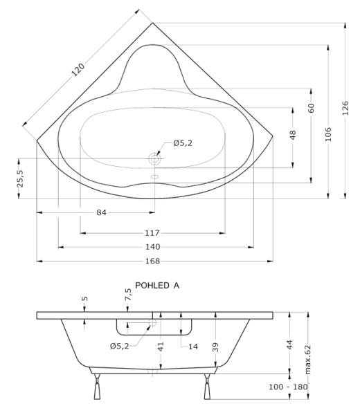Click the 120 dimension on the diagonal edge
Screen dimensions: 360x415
(x=78, y=70)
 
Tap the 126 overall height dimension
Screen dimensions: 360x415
(x=345, y=108)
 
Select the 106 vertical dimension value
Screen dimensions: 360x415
(x=328, y=134)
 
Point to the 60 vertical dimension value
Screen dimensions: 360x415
(x=312, y=108)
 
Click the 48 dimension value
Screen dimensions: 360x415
(x=293, y=135)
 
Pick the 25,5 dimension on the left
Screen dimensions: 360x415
(x=20, y=178)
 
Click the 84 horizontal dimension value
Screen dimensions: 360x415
(x=102, y=212)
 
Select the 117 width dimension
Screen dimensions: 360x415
(x=152, y=233)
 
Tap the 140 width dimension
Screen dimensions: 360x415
(x=153, y=247)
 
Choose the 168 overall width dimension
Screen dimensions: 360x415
(x=153, y=261)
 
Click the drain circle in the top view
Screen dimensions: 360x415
(x=154, y=159)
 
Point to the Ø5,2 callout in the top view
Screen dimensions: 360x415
(x=183, y=143)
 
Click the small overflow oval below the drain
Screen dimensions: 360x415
(x=154, y=176)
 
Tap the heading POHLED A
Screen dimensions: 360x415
(x=157, y=285)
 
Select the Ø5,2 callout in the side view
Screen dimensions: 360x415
(x=120, y=346)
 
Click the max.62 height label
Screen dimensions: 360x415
(x=307, y=360)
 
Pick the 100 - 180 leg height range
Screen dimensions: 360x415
(x=288, y=387)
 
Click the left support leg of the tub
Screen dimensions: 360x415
(x=97, y=387)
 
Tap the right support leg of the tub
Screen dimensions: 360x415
(x=207, y=387)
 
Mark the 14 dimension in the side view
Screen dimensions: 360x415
(x=193, y=347)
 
